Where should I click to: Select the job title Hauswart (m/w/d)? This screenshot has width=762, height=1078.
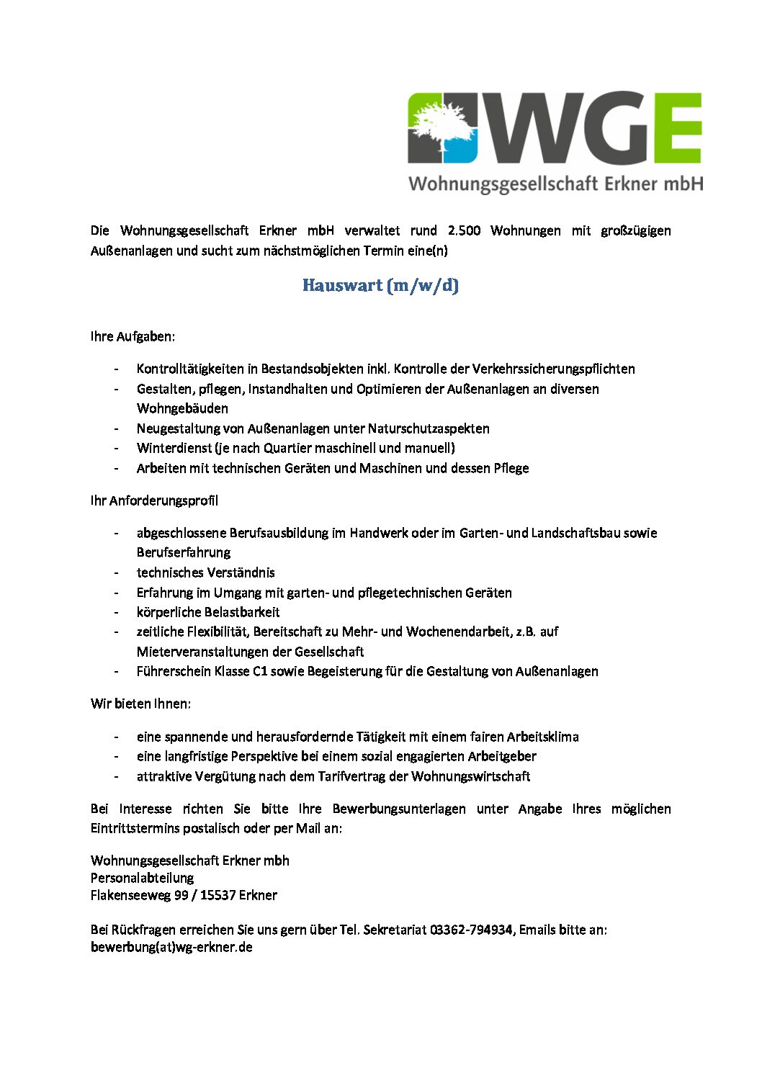point(380,285)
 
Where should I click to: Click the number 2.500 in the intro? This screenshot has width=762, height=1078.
point(464,230)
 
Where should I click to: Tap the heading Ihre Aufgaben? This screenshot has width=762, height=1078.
point(133,336)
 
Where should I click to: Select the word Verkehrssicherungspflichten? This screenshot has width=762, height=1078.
point(553,369)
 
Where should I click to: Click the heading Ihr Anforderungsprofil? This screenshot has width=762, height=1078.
point(154,500)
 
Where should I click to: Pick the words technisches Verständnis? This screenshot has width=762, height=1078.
point(205,572)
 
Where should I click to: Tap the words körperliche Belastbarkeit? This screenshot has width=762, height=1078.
point(208,612)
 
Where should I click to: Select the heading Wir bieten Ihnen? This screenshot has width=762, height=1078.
point(140,704)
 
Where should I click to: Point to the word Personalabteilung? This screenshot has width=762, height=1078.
point(142,878)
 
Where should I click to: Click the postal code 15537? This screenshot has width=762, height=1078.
point(218,895)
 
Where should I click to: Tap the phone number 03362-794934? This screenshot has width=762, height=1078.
point(471,930)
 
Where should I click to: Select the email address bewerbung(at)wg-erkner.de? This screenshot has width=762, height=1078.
point(171,947)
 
